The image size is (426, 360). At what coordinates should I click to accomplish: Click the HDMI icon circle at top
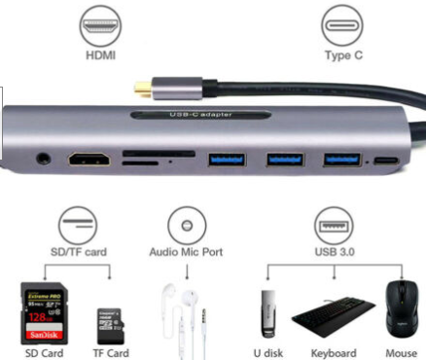[x=100, y=24]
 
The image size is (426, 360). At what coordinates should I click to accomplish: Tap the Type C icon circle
[x=344, y=24]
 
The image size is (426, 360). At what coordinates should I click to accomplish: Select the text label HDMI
[x=100, y=55]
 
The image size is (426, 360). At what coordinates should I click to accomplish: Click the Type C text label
[x=344, y=55]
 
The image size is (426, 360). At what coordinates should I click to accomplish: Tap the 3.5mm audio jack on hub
[x=44, y=156]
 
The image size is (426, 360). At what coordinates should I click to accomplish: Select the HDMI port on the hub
[x=89, y=157]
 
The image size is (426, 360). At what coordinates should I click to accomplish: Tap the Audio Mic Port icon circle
[x=187, y=225]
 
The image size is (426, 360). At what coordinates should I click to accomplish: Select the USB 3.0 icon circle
[x=333, y=225]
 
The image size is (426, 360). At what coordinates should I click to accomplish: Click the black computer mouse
[x=399, y=309]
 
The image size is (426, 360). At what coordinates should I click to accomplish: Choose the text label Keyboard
[x=332, y=352]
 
